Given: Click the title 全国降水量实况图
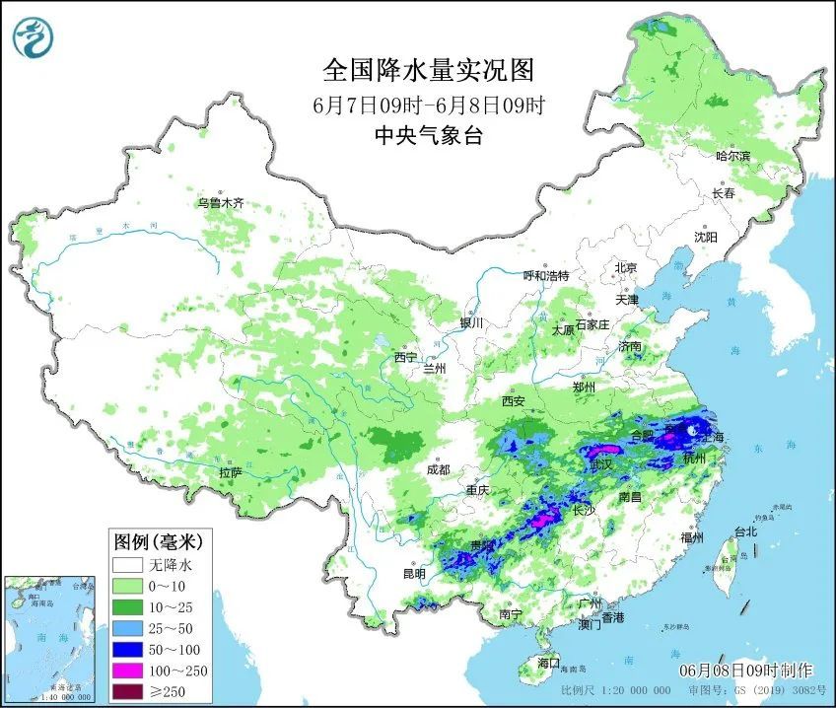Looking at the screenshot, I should click(x=429, y=70).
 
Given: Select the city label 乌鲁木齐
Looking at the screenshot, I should click(x=219, y=203).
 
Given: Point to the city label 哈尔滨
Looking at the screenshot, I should click(x=732, y=156).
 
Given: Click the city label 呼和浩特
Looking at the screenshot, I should click(x=546, y=276).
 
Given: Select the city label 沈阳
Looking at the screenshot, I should click(x=705, y=238).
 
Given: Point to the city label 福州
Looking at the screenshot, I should click(x=692, y=537).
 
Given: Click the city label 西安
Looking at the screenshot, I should click(x=513, y=402).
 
